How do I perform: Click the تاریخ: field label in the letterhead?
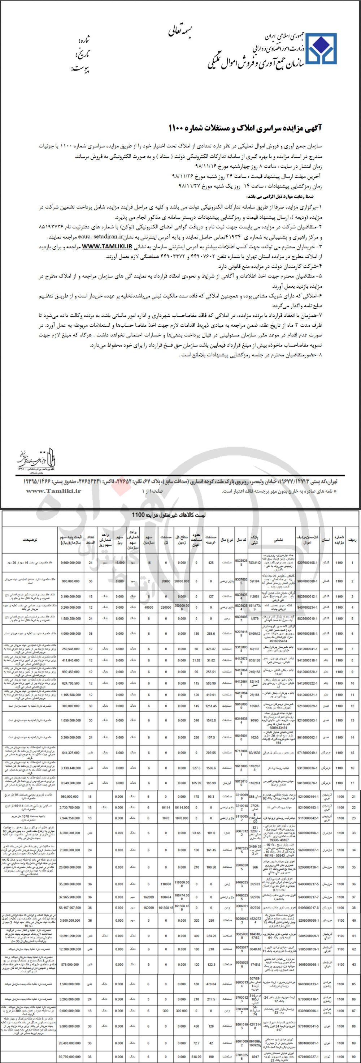[82, 55]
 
